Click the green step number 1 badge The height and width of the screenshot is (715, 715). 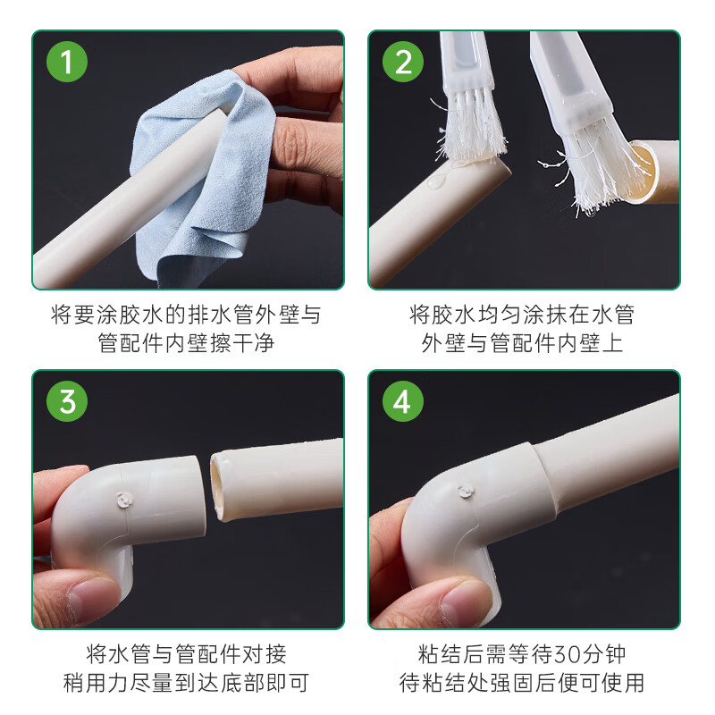(x=67, y=63)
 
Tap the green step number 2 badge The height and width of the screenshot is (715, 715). (x=403, y=63)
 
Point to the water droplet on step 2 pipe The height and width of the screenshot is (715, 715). (x=435, y=181)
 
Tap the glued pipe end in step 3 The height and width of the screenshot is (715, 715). (x=223, y=487)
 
